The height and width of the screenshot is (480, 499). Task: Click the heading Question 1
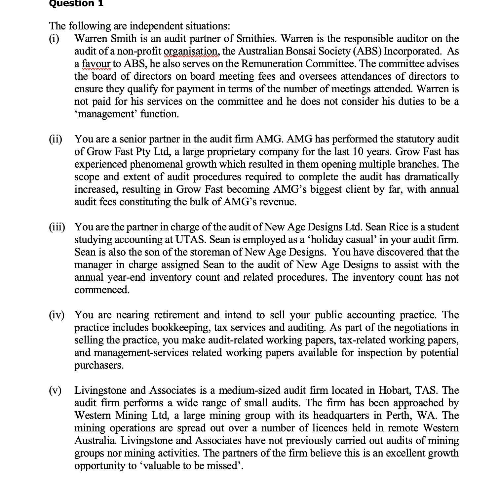point(76,4)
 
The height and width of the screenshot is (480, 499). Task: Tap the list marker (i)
point(54,39)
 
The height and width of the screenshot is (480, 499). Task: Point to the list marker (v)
point(55,390)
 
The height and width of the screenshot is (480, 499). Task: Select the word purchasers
point(99,365)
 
